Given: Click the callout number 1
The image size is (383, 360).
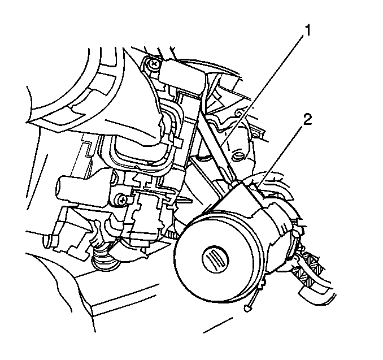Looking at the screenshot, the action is tap(307, 31).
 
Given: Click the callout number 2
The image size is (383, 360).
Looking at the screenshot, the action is tap(307, 120).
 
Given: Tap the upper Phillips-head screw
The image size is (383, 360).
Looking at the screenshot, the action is tap(154, 64).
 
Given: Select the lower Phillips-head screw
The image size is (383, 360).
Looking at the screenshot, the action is tap(121, 201).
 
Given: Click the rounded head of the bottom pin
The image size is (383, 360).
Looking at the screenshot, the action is tap(247, 309).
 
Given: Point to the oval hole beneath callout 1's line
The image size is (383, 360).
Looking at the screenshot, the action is tap(237, 157).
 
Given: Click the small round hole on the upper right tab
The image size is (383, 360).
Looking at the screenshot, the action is tap(256, 135).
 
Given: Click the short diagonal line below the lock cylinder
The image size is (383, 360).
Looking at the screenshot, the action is tap(217, 325).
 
